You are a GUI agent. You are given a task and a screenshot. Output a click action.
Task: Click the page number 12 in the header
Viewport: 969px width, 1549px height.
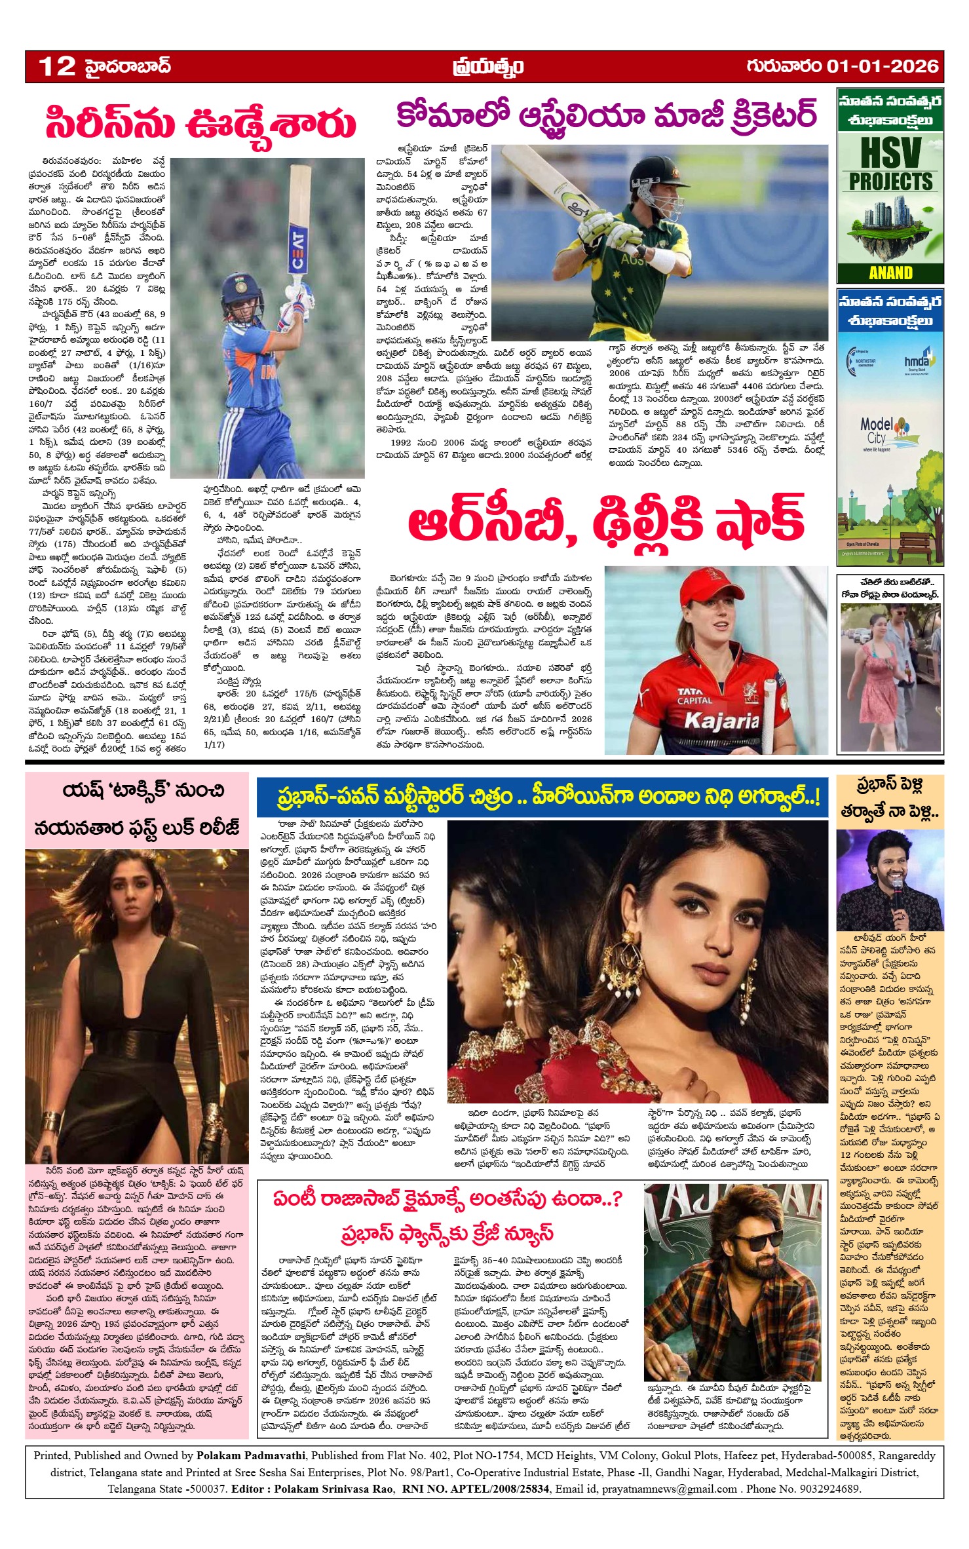click(x=57, y=66)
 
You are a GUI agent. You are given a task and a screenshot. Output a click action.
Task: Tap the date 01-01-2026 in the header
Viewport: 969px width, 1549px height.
click(x=883, y=66)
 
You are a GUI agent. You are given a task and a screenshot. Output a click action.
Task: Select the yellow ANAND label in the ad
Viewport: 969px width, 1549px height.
click(x=890, y=273)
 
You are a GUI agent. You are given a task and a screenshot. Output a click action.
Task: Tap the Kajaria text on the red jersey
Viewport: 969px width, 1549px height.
click(x=721, y=721)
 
